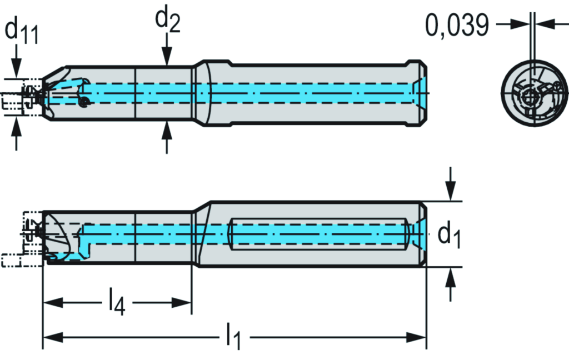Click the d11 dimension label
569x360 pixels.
click(21, 31)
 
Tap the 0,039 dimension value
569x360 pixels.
click(457, 26)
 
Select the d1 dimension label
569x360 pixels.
click(449, 236)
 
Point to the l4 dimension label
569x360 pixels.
click(117, 302)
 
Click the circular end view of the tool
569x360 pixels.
click(535, 93)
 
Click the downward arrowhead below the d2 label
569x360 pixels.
click(167, 57)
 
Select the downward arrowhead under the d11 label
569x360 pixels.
click(16, 68)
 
